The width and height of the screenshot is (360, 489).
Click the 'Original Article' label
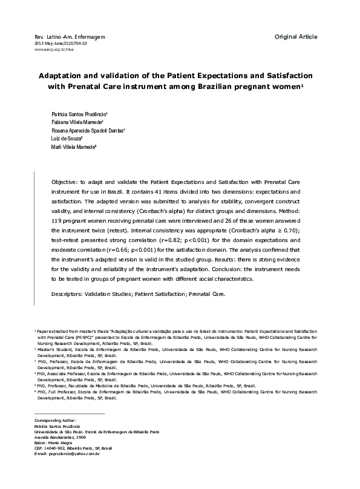coord(295,37)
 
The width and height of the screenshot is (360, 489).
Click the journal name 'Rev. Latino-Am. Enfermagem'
coord(70,38)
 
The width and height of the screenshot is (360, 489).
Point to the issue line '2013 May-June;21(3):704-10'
coord(61,44)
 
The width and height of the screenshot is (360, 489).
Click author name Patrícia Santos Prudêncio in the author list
coord(79,114)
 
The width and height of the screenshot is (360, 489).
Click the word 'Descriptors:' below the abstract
coord(70,294)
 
